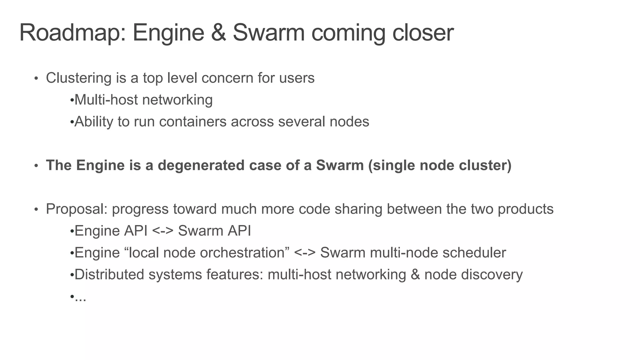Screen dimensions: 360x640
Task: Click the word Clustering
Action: [78, 78]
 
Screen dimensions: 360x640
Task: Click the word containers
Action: [192, 122]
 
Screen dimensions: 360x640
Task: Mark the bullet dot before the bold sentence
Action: [36, 166]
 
